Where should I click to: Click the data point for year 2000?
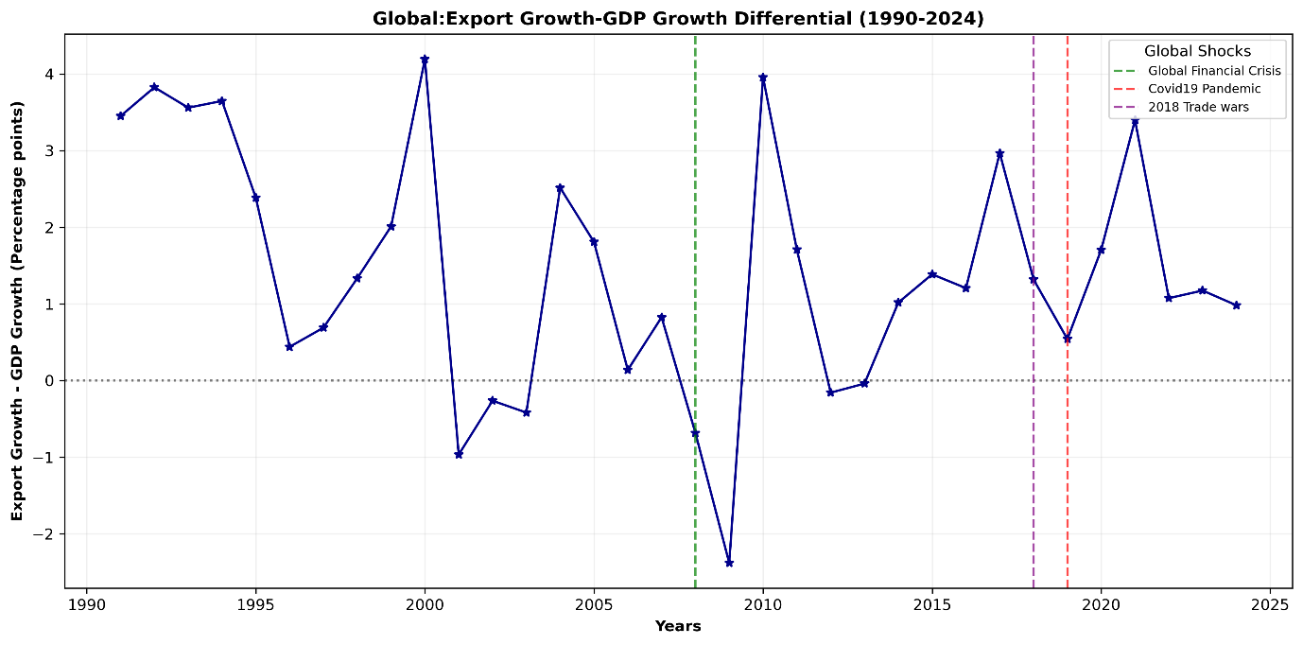(425, 59)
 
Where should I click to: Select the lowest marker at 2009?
(729, 563)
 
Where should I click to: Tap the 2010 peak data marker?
(763, 78)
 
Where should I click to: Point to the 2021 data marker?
(1135, 121)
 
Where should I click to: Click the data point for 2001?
(459, 454)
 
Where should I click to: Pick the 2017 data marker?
(999, 153)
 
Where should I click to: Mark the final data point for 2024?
(1236, 305)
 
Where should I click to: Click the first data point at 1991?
(120, 115)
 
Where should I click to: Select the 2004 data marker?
(560, 188)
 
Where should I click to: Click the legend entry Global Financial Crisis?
(1214, 71)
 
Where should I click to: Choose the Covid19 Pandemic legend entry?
(1204, 89)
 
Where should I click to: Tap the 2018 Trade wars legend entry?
(1198, 107)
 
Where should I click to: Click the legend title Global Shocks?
(1197, 51)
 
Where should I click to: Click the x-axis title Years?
(678, 626)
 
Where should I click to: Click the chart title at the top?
(678, 18)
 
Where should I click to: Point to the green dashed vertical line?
(695, 236)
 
